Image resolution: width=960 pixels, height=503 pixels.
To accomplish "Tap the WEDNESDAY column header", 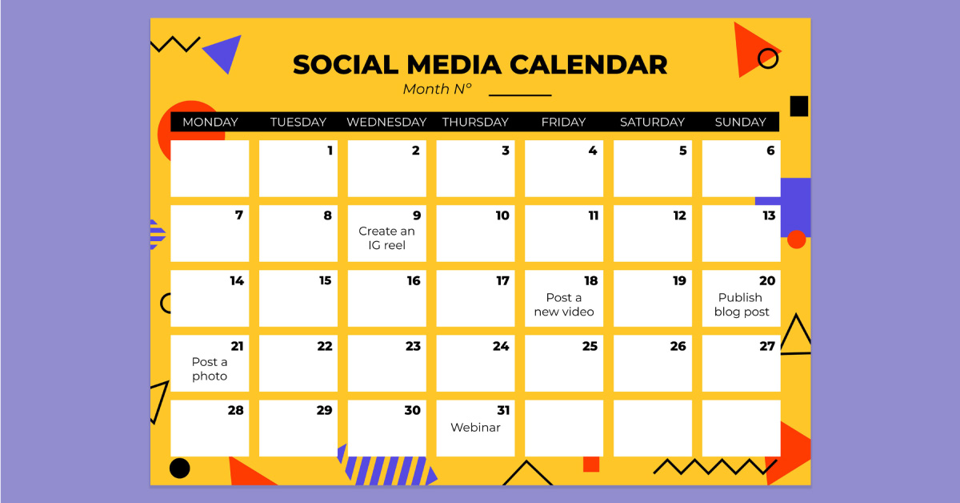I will tap(386, 122).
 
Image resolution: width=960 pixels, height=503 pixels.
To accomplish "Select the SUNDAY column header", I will tap(740, 122).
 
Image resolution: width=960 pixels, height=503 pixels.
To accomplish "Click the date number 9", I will tap(416, 215).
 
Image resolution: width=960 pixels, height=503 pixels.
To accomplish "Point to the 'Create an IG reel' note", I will tap(387, 238).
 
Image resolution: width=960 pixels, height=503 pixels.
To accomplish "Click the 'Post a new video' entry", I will tap(564, 304).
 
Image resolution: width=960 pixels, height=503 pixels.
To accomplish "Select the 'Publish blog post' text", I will tap(741, 304).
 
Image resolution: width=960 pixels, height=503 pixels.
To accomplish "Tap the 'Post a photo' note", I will tap(210, 368).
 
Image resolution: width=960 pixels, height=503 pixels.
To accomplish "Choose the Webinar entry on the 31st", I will tap(475, 427).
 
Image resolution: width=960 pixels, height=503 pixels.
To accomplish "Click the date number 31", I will tap(502, 410).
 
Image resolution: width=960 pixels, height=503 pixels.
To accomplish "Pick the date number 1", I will tap(330, 150).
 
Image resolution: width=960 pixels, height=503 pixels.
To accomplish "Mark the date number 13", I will tap(769, 215).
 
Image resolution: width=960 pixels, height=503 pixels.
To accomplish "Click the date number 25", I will tap(590, 346).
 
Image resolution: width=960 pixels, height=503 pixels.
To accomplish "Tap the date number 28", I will tap(235, 410).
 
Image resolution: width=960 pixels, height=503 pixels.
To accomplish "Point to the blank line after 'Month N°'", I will tap(520, 95).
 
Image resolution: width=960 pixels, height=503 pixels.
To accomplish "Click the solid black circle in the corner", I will tap(180, 468).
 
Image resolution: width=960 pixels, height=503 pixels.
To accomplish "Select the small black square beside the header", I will tap(798, 106).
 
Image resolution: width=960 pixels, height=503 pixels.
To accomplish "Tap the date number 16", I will tap(413, 280).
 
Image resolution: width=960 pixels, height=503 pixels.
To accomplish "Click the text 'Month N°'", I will tap(438, 89).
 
